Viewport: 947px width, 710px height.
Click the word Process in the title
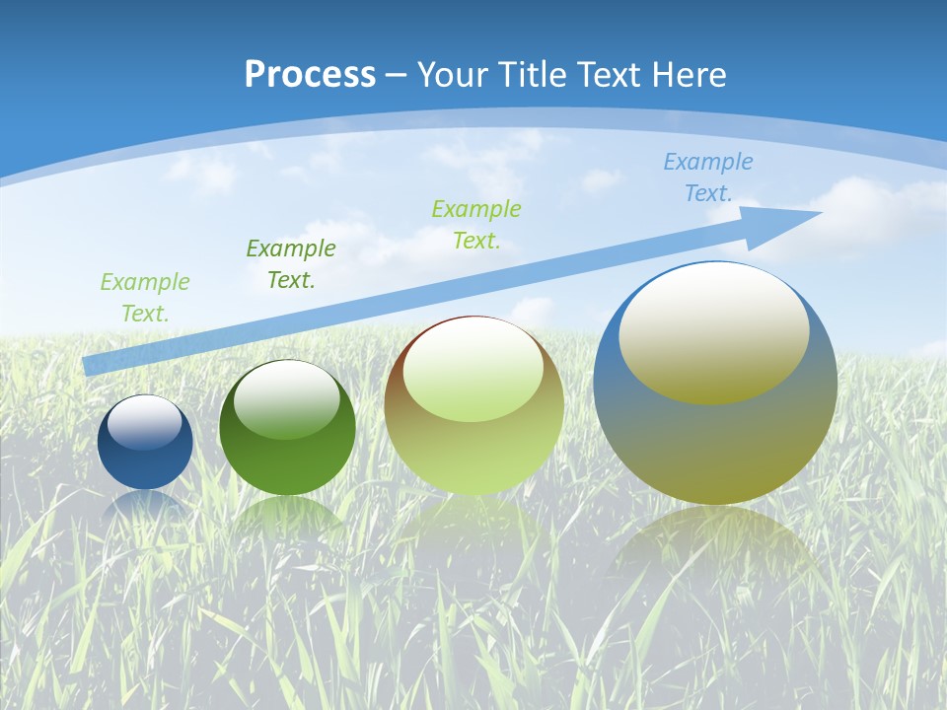pyautogui.click(x=310, y=75)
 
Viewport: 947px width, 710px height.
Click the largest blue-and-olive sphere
pyautogui.click(x=715, y=444)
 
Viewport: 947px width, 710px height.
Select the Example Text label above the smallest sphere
pyautogui.click(x=145, y=298)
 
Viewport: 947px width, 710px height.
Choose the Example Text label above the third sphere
pyautogui.click(x=476, y=224)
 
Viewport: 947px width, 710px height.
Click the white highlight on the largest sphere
pyautogui.click(x=713, y=332)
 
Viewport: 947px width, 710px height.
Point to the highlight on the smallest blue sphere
pyautogui.click(x=145, y=422)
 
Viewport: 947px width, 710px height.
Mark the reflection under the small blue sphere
pyautogui.click(x=145, y=505)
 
